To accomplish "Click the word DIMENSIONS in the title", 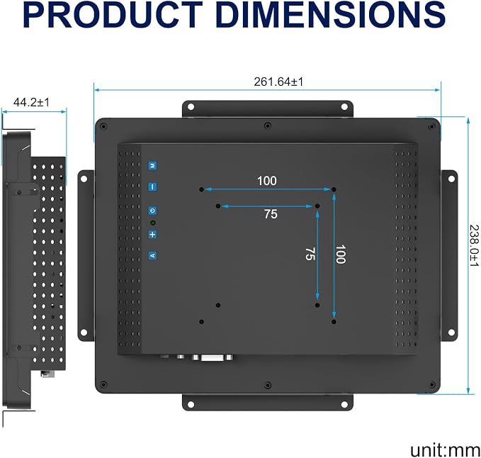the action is coord(331,15).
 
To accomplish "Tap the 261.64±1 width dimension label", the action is coord(278,82).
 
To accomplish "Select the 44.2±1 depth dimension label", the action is coord(31,102).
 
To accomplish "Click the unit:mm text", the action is coord(445,449).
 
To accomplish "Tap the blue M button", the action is coord(152,166).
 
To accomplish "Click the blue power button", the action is coord(152,211).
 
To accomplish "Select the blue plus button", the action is coord(152,235).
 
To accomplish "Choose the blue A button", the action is coord(152,255).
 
